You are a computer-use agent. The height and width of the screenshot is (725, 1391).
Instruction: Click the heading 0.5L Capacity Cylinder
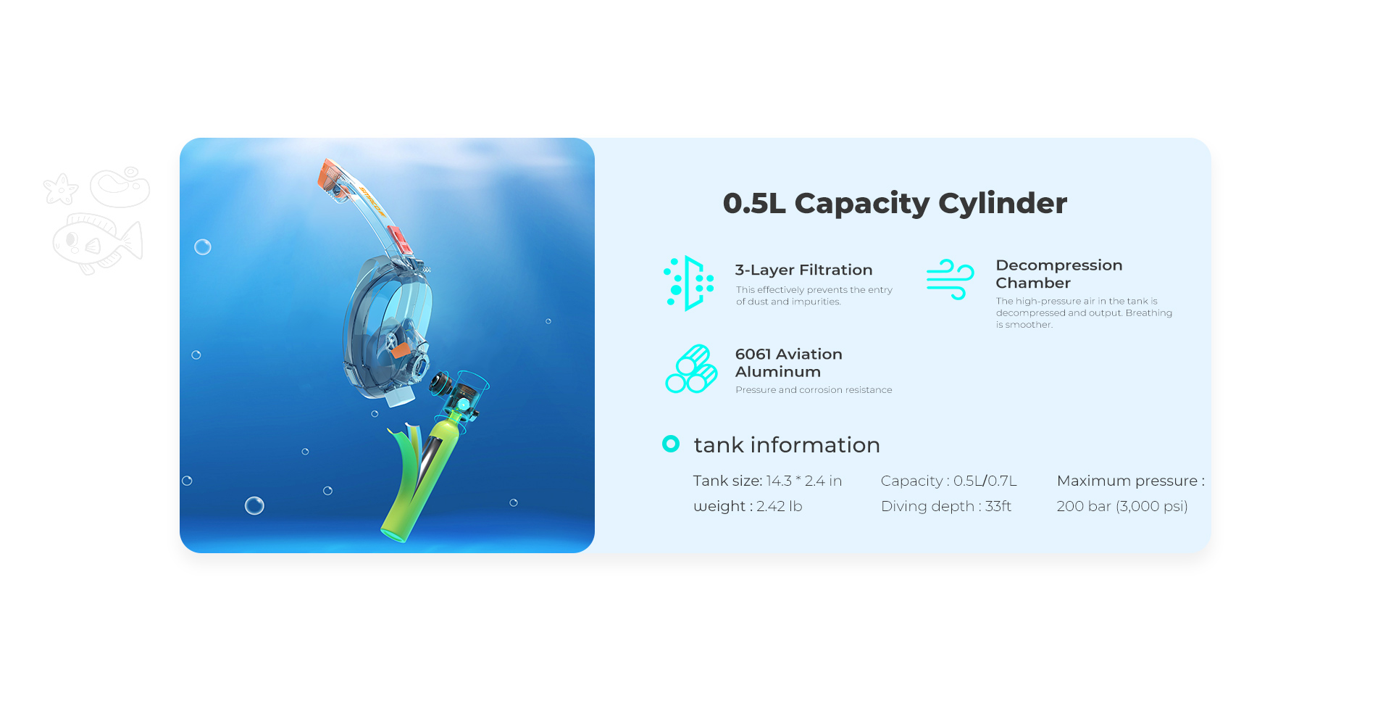coord(895,204)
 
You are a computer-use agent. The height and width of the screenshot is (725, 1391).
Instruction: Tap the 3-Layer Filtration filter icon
coord(689,283)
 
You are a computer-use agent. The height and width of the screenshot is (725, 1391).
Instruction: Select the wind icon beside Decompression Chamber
coord(950,279)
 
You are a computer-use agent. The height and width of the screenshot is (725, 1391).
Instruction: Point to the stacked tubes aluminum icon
coord(691,369)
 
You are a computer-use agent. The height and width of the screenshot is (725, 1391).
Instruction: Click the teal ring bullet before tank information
coord(671,444)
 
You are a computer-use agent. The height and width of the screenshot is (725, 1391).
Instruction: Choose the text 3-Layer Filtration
coord(803,270)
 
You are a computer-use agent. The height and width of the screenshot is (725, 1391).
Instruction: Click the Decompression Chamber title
coord(1059,274)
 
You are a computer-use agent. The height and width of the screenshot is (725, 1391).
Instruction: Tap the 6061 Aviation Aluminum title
coord(789,362)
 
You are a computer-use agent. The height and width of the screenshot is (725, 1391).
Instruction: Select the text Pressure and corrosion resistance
coord(814,390)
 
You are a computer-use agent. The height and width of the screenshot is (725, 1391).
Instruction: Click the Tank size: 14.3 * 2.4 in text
coord(767,481)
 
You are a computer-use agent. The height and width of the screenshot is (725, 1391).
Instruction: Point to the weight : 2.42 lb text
coord(748,506)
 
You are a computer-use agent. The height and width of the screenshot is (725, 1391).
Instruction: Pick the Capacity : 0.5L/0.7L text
coord(949,481)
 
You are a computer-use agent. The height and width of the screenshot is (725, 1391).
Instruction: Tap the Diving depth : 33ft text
coord(946,506)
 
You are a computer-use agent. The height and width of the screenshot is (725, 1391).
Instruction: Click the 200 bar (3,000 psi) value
coord(1122,506)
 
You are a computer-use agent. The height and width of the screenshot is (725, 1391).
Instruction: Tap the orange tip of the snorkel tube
coord(330,175)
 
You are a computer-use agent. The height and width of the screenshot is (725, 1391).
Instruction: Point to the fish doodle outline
coord(97,244)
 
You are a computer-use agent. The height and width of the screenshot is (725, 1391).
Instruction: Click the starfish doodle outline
coord(60,189)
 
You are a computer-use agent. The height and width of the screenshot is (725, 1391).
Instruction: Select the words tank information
coord(787,444)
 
